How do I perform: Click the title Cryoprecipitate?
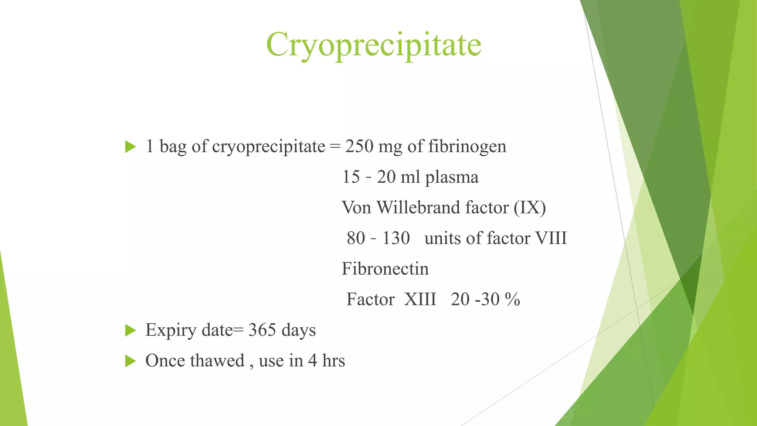click(x=373, y=45)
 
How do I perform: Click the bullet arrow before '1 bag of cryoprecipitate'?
click(x=130, y=146)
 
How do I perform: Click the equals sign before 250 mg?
click(x=335, y=147)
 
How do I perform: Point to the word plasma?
click(x=451, y=177)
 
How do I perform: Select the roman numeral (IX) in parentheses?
click(x=529, y=207)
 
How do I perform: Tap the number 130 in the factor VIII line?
click(x=396, y=238)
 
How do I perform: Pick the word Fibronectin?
click(x=385, y=269)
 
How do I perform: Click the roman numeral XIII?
click(x=420, y=299)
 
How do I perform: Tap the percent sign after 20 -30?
click(x=512, y=299)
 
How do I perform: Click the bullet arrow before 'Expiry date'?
click(x=130, y=330)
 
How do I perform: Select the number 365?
click(x=262, y=330)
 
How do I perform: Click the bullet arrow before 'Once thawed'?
click(x=130, y=361)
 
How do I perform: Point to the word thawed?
click(x=217, y=361)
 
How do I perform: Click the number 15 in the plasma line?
click(x=351, y=177)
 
